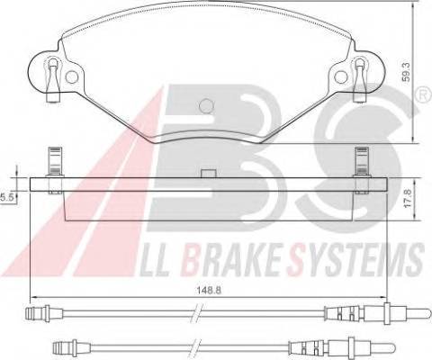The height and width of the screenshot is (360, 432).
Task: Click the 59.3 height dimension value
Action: tap(406, 73)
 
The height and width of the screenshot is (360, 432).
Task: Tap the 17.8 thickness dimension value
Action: tap(407, 200)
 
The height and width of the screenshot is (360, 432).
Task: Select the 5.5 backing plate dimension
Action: tap(6, 197)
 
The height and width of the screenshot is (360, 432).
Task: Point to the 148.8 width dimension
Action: tap(209, 290)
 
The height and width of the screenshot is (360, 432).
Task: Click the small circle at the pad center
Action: tap(207, 106)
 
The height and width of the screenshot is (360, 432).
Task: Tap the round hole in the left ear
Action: tap(72, 77)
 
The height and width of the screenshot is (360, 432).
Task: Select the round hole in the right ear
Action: tap(341, 77)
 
